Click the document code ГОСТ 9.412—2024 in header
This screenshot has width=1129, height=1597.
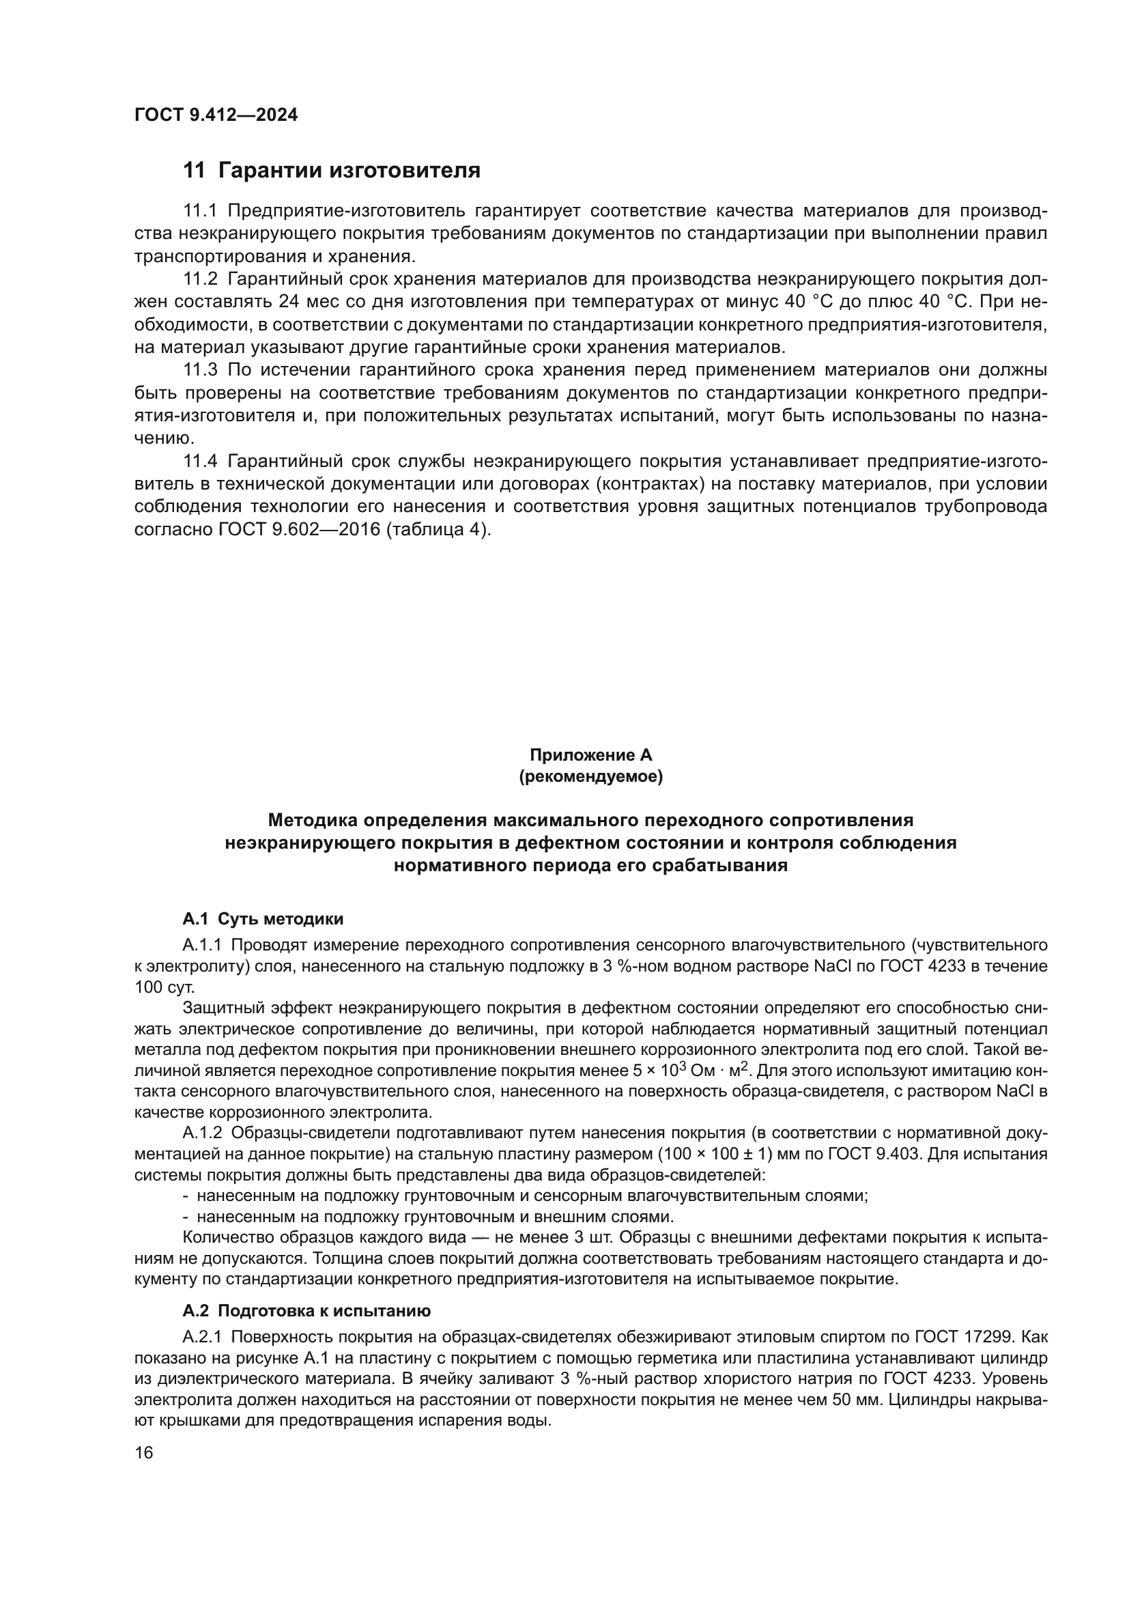[216, 115]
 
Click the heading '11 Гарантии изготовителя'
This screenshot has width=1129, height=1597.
[332, 171]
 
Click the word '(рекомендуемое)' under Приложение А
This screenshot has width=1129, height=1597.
[591, 776]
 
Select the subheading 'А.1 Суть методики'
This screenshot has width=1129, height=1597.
[263, 919]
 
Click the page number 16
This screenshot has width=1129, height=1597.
[143, 1453]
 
